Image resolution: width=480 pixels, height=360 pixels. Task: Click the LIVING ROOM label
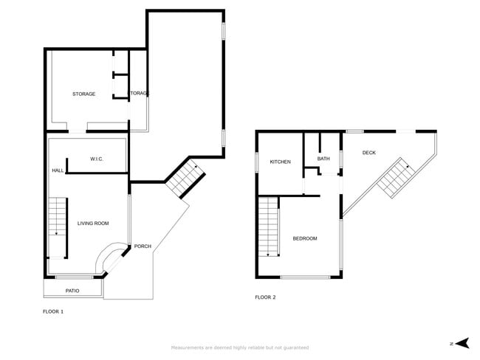click(93, 223)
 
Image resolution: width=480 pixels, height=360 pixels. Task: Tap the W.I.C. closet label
click(96, 159)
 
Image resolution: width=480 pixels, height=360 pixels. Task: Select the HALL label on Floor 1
click(58, 170)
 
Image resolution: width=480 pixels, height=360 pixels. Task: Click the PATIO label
click(72, 291)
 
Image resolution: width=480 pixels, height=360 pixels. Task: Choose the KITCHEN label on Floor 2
click(280, 162)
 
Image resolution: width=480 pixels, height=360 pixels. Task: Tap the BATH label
click(323, 159)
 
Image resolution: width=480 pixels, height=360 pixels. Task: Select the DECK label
click(369, 153)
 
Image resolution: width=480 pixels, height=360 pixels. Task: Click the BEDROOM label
click(305, 238)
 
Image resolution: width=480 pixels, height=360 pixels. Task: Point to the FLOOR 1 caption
click(53, 311)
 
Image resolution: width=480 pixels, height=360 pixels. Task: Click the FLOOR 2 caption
click(265, 297)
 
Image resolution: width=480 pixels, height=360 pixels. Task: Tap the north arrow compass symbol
click(462, 342)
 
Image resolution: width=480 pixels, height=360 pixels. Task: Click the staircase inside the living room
click(58, 218)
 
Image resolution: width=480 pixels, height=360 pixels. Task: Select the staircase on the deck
click(394, 177)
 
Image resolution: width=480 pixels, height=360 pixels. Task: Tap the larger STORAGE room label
click(83, 94)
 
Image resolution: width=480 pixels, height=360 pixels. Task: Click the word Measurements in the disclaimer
click(188, 347)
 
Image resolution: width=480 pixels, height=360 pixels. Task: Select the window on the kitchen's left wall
click(256, 162)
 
